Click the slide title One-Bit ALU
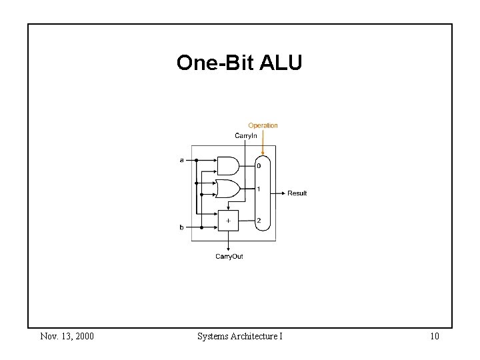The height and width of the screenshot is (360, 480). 239,63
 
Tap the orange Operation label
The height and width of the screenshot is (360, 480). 263,125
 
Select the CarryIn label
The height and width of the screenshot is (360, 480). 245,136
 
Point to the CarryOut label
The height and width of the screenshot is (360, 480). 229,257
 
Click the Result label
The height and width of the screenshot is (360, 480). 297,193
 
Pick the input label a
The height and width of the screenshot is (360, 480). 182,160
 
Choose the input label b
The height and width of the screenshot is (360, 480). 181,227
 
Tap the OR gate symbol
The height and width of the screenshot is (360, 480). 227,189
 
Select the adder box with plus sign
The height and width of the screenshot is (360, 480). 228,221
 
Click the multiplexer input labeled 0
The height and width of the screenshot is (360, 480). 259,166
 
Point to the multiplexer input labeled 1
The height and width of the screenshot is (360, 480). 259,189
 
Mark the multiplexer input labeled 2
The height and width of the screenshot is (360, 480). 259,221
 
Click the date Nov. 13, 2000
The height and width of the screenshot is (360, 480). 67,336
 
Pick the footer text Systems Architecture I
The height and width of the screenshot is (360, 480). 239,336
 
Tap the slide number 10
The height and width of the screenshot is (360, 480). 434,336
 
